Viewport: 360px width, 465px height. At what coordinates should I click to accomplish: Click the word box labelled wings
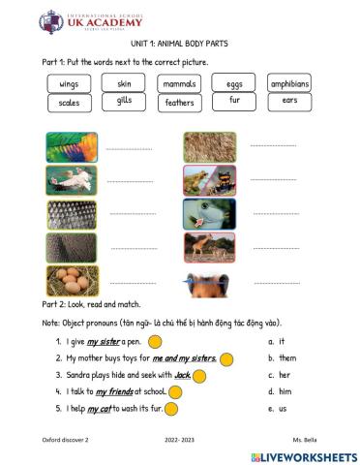pyautogui.click(x=69, y=84)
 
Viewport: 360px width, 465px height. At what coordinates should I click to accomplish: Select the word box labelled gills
pyautogui.click(x=124, y=101)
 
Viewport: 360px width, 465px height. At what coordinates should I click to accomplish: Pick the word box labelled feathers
pyautogui.click(x=179, y=102)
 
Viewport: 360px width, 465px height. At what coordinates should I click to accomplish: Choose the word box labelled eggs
pyautogui.click(x=234, y=84)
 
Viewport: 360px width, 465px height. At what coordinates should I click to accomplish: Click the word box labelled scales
pyautogui.click(x=69, y=102)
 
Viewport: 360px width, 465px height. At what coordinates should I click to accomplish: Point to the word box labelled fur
pyautogui.click(x=234, y=101)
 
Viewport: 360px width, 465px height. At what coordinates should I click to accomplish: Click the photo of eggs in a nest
pyautogui.click(x=72, y=281)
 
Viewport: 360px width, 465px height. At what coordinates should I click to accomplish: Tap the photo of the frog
pyautogui.click(x=209, y=179)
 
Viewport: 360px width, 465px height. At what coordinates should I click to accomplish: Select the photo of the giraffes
pyautogui.click(x=209, y=248)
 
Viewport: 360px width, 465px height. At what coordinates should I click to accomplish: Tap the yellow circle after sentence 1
pyautogui.click(x=155, y=342)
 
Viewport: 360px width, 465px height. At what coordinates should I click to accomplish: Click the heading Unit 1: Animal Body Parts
pyautogui.click(x=180, y=45)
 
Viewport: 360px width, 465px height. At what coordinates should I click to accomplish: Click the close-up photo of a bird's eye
pyautogui.click(x=209, y=214)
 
